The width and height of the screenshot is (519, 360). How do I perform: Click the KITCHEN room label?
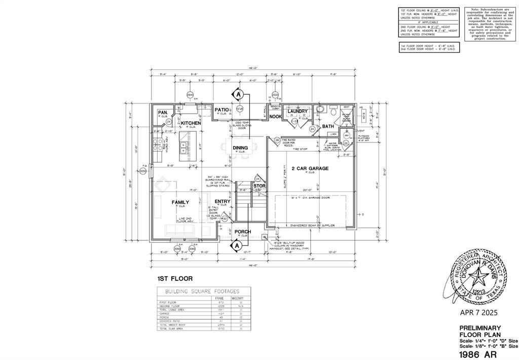(x=191, y=123)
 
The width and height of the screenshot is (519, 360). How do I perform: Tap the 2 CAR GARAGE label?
(x=310, y=168)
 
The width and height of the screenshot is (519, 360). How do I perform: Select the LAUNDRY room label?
(x=298, y=111)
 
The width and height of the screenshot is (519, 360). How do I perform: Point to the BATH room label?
(x=328, y=126)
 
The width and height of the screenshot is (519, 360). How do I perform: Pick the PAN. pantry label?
(x=163, y=113)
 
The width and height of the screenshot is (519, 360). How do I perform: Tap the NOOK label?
(x=275, y=117)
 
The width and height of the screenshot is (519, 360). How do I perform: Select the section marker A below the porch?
(x=236, y=246)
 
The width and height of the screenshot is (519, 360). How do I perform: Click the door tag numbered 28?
(x=277, y=140)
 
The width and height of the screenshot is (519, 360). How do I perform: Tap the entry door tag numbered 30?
(x=225, y=219)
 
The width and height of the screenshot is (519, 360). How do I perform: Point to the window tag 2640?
(x=190, y=95)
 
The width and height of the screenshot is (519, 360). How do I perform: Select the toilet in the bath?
(x=320, y=109)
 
